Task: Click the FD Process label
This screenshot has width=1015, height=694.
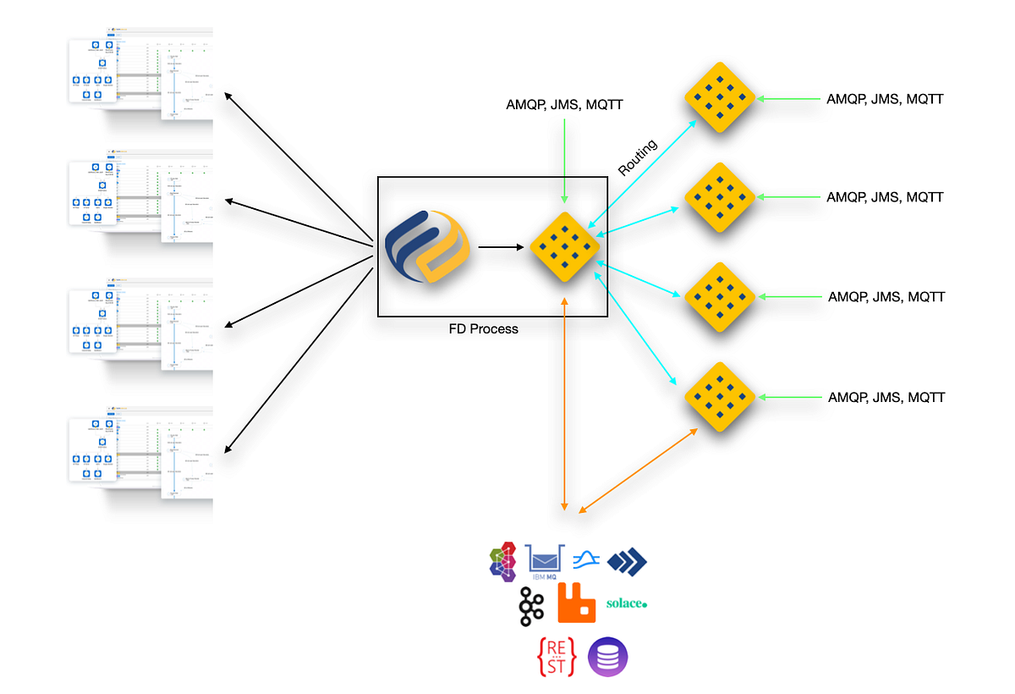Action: click(483, 328)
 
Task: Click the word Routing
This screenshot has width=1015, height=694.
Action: click(637, 157)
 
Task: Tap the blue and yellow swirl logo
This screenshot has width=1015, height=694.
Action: click(425, 245)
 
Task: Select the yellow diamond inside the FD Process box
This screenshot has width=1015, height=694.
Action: click(564, 247)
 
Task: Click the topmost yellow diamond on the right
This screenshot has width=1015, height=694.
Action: click(719, 98)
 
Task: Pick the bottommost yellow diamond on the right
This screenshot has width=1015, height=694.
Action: click(719, 397)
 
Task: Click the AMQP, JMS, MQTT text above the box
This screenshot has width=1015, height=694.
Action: click(564, 104)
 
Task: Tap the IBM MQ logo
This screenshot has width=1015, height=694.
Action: click(546, 560)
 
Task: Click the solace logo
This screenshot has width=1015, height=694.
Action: click(627, 604)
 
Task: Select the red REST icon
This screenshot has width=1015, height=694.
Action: click(557, 657)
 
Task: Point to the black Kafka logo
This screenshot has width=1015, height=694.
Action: click(532, 606)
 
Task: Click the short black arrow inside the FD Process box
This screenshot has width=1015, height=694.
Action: click(500, 247)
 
